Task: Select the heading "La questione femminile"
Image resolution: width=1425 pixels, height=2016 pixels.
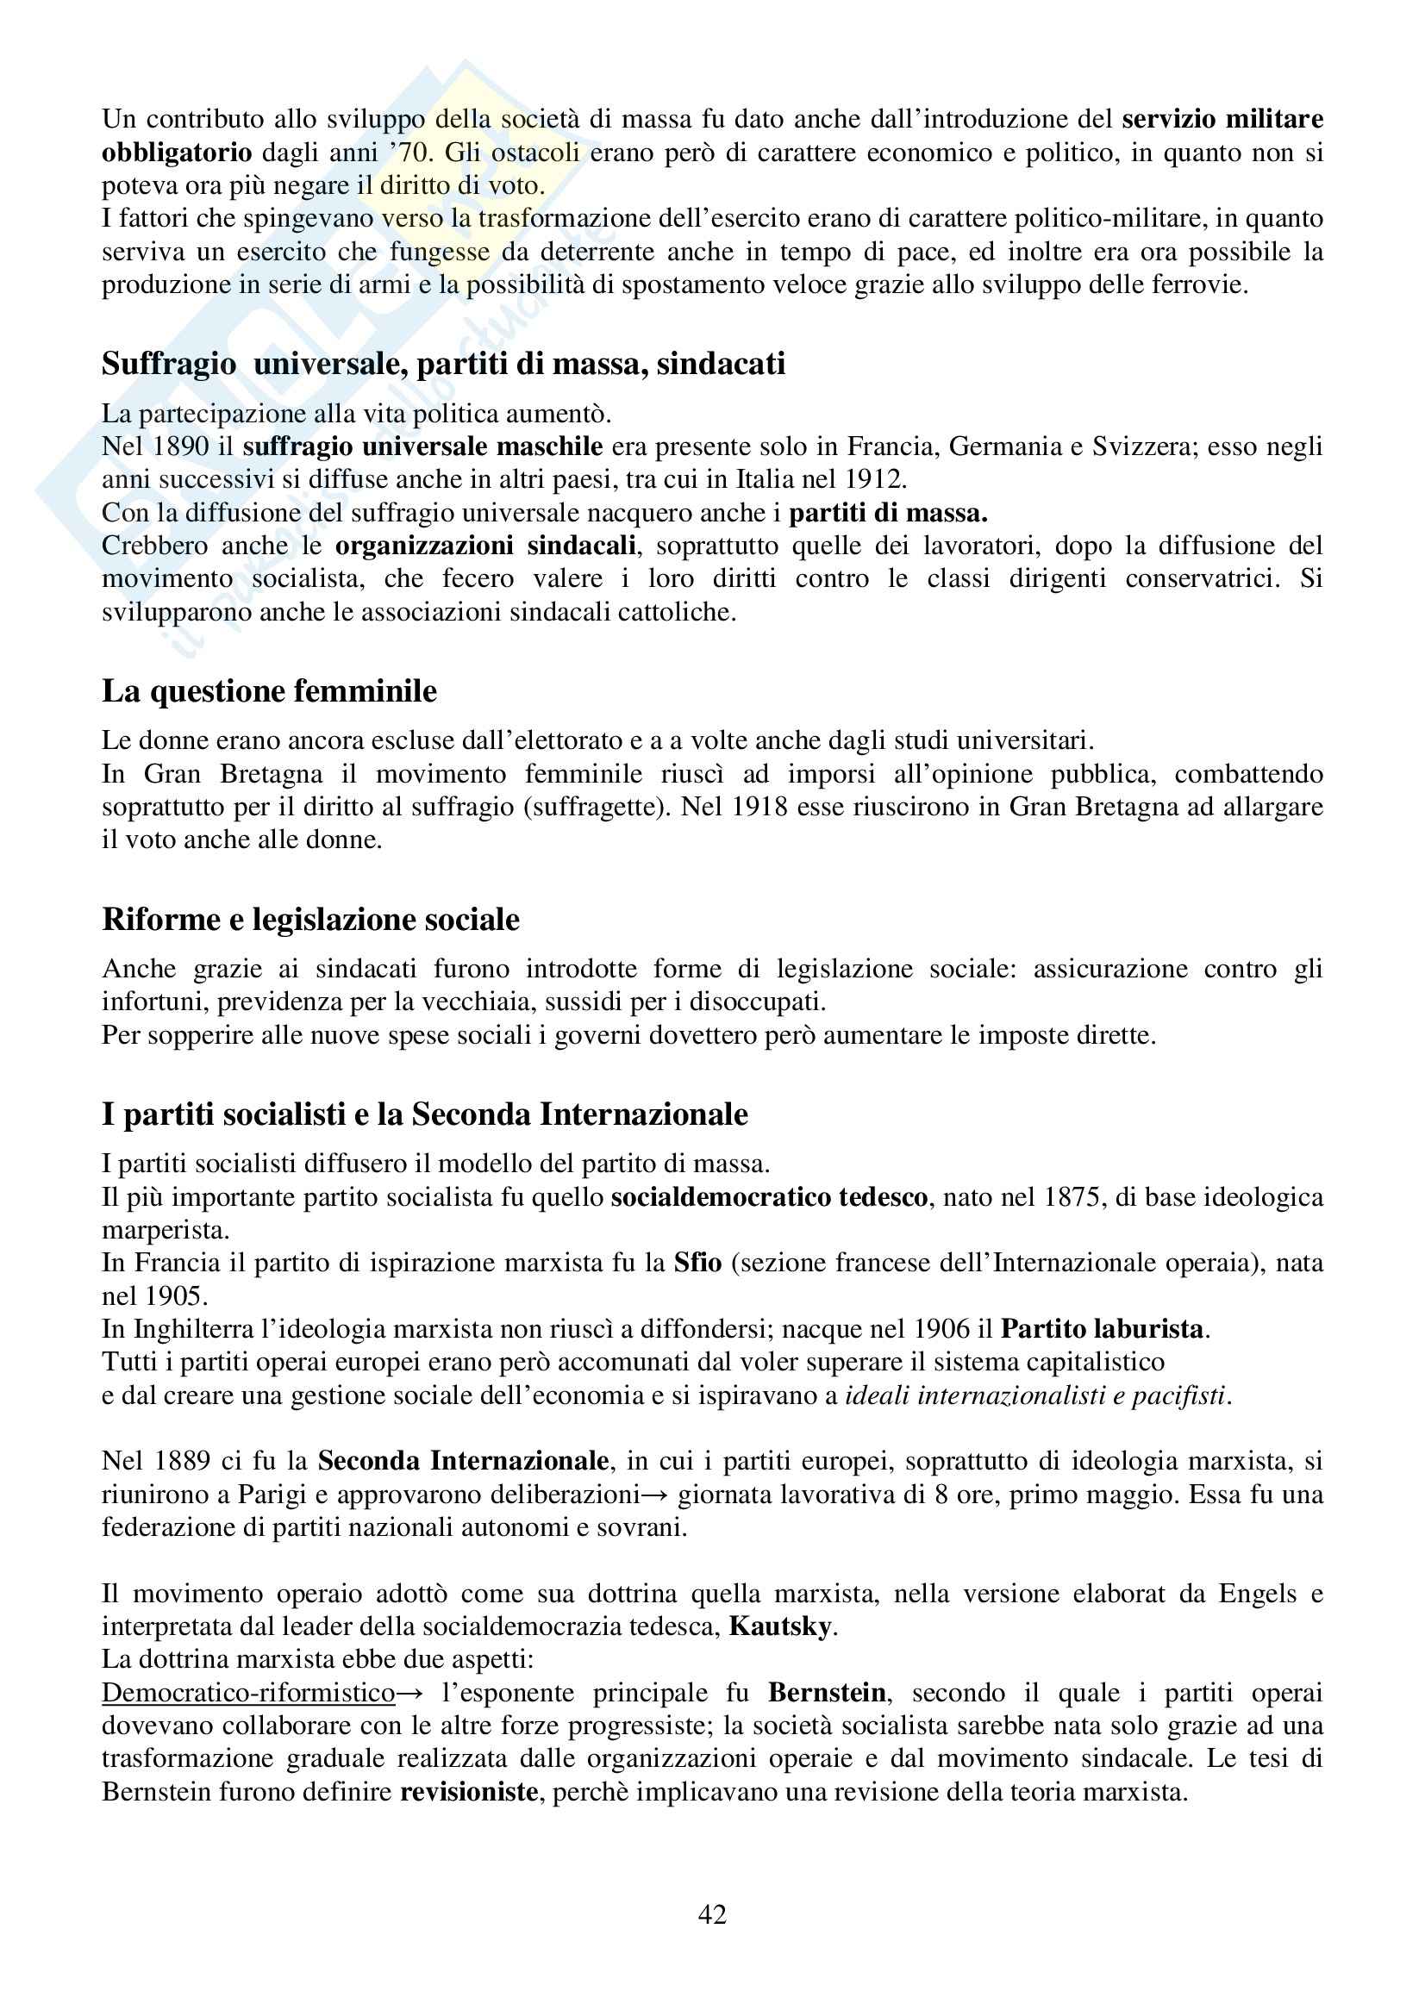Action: click(x=269, y=691)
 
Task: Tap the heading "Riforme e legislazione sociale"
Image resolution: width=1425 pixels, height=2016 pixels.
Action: click(x=311, y=920)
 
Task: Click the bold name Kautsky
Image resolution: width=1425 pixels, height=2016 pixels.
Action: click(x=780, y=1627)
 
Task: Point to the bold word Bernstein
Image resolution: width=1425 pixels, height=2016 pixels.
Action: click(x=828, y=1693)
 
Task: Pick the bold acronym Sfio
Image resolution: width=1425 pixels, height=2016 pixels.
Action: click(x=698, y=1263)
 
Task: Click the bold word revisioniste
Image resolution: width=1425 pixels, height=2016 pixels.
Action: click(x=469, y=1791)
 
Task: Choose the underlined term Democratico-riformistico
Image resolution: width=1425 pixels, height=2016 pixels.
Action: click(x=248, y=1693)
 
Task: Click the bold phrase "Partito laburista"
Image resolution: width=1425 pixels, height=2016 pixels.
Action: click(x=1102, y=1328)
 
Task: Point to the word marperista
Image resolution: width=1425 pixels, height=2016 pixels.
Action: click(x=165, y=1230)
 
